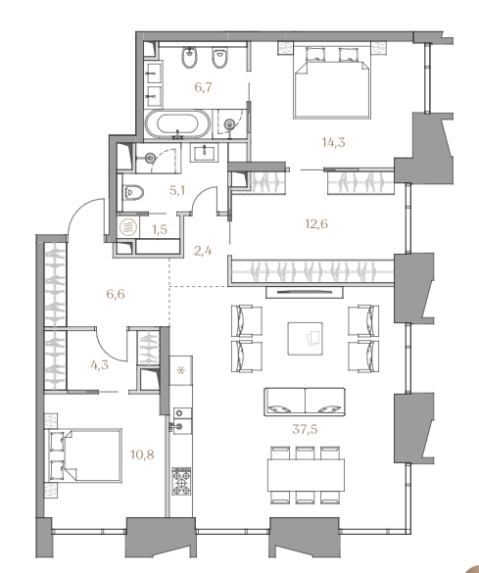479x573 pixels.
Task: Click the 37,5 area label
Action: pos(305,429)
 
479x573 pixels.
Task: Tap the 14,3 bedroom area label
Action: pos(334,142)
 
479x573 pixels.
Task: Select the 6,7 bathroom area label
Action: pos(203,87)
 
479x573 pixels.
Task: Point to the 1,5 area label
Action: pos(160,229)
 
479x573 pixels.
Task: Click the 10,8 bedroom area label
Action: pos(142,454)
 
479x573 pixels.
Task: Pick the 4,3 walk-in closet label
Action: pos(99,364)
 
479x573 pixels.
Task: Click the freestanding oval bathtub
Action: pos(178,123)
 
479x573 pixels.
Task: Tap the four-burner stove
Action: pos(181,481)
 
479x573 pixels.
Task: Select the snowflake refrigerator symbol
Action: pos(181,370)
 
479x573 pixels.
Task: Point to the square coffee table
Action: pos(305,338)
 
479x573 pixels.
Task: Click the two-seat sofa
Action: pos(305,402)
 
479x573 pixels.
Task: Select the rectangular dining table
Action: pos(307,475)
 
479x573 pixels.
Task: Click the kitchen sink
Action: pos(181,420)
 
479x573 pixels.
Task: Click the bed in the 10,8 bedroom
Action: pos(83,455)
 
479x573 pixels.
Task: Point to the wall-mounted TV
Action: pos(305,292)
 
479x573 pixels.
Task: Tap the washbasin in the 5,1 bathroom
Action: pos(205,153)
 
